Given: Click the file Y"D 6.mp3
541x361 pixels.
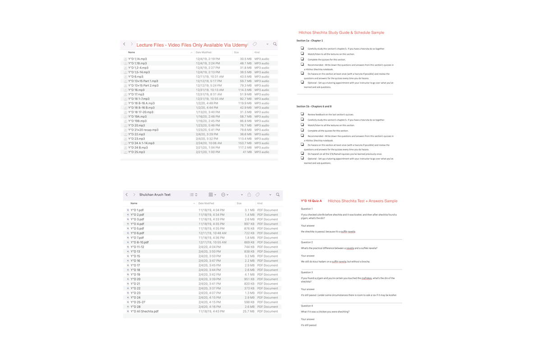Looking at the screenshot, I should [136, 77].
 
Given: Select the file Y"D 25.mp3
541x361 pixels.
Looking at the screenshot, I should [137, 152].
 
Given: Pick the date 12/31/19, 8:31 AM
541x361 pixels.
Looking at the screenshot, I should [209, 94].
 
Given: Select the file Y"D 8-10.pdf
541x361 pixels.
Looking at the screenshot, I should [139, 242].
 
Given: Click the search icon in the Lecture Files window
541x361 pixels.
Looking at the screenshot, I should [275, 44].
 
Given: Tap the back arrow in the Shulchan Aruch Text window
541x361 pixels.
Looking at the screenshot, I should [127, 195].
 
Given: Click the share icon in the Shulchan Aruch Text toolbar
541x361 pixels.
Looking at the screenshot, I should [249, 195].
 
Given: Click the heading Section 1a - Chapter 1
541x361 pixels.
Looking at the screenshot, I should [310, 41].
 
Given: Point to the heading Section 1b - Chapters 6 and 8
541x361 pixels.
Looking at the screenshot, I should [314, 106].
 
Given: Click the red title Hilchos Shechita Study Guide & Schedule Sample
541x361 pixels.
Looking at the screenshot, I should [341, 32].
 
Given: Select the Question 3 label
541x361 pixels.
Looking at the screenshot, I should [307, 272].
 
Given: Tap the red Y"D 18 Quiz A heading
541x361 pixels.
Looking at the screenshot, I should [312, 201].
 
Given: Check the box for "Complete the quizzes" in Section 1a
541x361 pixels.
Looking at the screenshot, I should [303, 59].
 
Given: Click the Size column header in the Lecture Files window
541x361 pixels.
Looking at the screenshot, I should [237, 52].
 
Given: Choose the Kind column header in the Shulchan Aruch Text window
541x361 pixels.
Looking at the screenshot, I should [260, 203].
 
